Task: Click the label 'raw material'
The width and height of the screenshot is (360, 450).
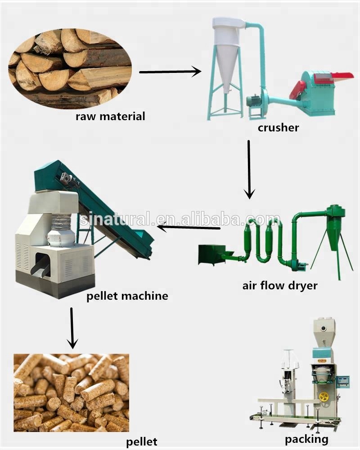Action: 110,117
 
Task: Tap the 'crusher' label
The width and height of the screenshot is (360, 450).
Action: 278,128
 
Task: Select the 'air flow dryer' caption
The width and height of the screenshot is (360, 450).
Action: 280,285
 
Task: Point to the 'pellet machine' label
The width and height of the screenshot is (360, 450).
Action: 127,296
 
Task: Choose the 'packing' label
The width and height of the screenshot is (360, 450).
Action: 306,439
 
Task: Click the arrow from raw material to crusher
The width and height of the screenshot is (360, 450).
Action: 170,71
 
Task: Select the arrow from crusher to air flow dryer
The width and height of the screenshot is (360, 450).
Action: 249,169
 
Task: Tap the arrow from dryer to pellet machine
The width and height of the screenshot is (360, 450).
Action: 189,228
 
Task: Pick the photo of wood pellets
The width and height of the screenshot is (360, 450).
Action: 71,392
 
